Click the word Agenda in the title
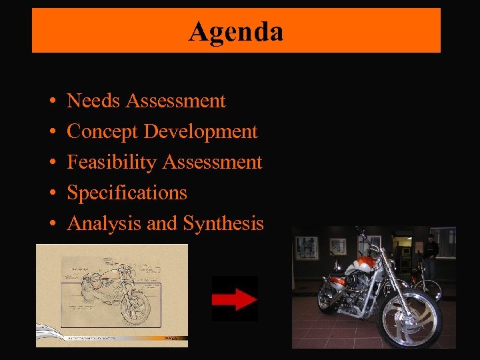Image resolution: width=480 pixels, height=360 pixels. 236,31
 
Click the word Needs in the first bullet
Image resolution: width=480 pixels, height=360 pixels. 94,101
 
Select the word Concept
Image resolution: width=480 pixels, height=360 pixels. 103,131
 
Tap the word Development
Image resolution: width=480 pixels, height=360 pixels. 201,131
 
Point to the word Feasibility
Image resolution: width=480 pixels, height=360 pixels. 112,162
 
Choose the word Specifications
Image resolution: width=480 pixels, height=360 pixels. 127,193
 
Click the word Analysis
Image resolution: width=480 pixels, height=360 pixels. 105,223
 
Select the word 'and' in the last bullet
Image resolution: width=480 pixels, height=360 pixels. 163,223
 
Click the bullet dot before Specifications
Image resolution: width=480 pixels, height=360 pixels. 52,193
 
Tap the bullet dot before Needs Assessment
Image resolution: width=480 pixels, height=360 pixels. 52,101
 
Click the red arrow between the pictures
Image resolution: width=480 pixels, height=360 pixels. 235,299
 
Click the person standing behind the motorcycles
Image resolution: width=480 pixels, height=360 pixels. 431,253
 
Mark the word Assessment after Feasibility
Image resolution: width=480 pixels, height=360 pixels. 212,162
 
